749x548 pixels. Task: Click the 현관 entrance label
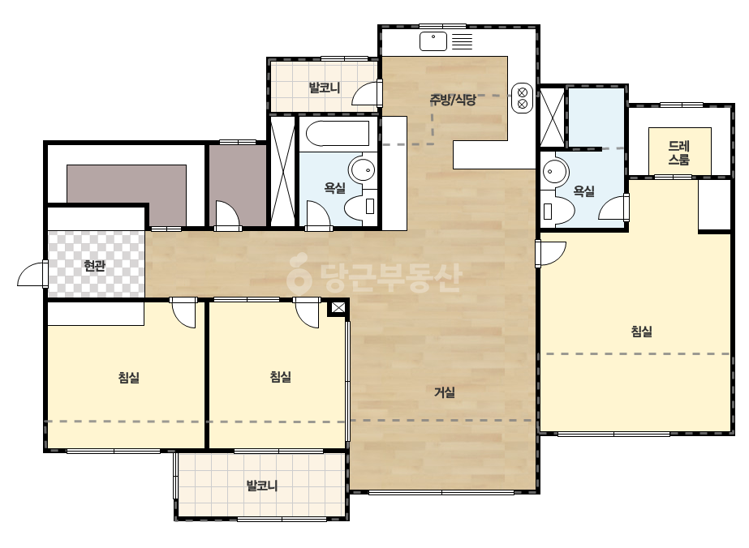coord(95,265)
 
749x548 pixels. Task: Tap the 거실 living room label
coord(444,392)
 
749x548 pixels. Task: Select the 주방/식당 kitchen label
coord(453,100)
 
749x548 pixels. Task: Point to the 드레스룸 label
coord(678,152)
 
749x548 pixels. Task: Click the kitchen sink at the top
coord(433,41)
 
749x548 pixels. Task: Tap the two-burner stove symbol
coord(522,98)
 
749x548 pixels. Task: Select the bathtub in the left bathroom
coord(338,133)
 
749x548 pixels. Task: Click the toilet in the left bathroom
coord(359,208)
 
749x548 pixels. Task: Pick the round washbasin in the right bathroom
coord(554,170)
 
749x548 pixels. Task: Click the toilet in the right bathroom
coord(558,210)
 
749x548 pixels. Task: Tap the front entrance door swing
coord(32,274)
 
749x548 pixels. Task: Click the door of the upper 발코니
coord(368,93)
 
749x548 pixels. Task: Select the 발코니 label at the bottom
coord(262,486)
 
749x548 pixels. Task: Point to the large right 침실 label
coord(642,331)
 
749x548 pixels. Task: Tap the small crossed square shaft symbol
coord(338,308)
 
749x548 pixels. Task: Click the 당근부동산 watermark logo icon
coord(299,273)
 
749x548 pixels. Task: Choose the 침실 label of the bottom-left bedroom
coord(129,378)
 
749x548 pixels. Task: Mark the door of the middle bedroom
coord(307,313)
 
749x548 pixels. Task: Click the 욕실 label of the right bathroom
coord(583,191)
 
